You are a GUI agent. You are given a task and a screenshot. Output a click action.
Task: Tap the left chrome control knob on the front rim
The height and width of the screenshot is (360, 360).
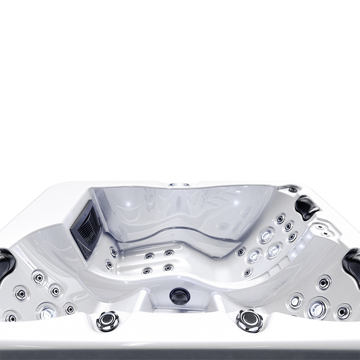point(108,320)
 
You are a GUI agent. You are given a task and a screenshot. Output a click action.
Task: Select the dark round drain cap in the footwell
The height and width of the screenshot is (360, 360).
point(180,296)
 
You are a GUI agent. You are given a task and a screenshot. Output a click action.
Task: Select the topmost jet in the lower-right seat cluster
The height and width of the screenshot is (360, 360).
point(325,283)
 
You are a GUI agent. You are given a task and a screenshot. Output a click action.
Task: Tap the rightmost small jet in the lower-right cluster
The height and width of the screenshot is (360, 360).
point(344,312)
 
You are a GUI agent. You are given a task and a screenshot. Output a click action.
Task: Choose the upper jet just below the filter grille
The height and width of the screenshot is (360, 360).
point(113,252)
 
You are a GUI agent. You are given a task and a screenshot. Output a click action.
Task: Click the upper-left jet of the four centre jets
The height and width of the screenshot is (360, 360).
point(150,256)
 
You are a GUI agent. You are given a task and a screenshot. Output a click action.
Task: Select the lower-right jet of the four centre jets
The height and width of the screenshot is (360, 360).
point(168,268)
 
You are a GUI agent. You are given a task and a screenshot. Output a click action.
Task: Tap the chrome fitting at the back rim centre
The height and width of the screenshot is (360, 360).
point(179,184)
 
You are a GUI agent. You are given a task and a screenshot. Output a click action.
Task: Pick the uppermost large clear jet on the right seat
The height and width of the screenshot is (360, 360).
point(266,235)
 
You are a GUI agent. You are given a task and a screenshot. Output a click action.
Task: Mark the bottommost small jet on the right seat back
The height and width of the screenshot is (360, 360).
point(248,273)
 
